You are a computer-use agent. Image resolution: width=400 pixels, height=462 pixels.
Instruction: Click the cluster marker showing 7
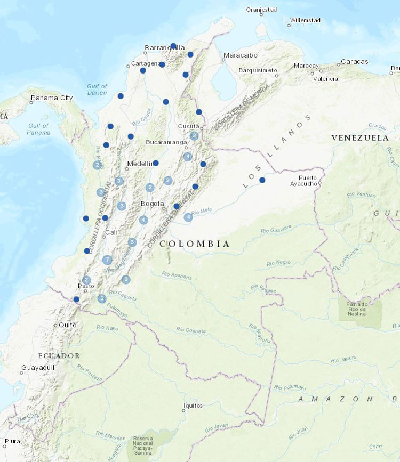pyautogui.click(x=107, y=260)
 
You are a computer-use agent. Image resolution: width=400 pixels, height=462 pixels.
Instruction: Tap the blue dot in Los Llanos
pyautogui.click(x=262, y=180)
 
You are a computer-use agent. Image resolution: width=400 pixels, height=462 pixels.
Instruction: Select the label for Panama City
pyautogui.click(x=52, y=98)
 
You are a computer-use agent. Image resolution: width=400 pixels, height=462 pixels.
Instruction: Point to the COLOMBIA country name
pyautogui.click(x=195, y=244)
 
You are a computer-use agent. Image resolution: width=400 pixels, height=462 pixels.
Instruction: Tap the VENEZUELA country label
pyautogui.click(x=360, y=137)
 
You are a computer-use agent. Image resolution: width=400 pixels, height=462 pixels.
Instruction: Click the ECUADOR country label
pyautogui.click(x=59, y=355)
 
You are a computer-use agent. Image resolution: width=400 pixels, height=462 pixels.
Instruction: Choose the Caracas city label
pyautogui.click(x=355, y=62)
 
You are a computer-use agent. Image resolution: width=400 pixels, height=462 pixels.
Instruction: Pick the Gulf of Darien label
pyautogui.click(x=97, y=90)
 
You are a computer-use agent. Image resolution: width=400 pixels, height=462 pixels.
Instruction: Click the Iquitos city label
pyautogui.click(x=193, y=406)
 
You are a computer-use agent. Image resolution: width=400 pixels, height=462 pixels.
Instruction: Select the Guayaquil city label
pyautogui.click(x=37, y=368)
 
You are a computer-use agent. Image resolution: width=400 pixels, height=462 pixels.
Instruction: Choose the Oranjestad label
pyautogui.click(x=261, y=9)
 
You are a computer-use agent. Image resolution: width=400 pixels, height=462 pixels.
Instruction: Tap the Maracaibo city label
pyautogui.click(x=241, y=55)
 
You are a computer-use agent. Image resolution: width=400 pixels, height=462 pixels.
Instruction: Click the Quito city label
pyautogui.click(x=68, y=325)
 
